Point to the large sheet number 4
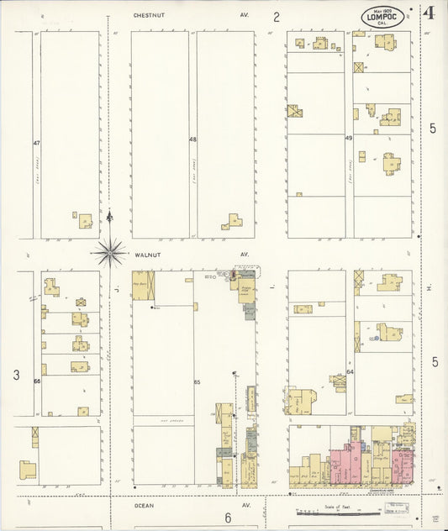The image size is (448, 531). point(429,13)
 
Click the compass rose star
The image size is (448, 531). point(109,250)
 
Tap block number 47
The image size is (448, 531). point(37,143)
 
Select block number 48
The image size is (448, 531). point(192,139)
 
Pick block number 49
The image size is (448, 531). point(348,137)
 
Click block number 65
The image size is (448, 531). point(198,383)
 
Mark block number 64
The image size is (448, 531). point(350,371)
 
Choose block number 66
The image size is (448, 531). point(37,382)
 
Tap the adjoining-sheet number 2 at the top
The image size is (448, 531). point(276,16)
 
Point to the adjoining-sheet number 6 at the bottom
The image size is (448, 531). point(227,518)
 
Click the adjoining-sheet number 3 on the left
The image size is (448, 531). point(15,376)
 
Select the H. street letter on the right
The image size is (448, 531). point(429,289)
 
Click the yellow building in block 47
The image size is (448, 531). point(86,219)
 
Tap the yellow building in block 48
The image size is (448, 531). point(233,222)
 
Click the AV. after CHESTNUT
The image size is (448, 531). point(245,15)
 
